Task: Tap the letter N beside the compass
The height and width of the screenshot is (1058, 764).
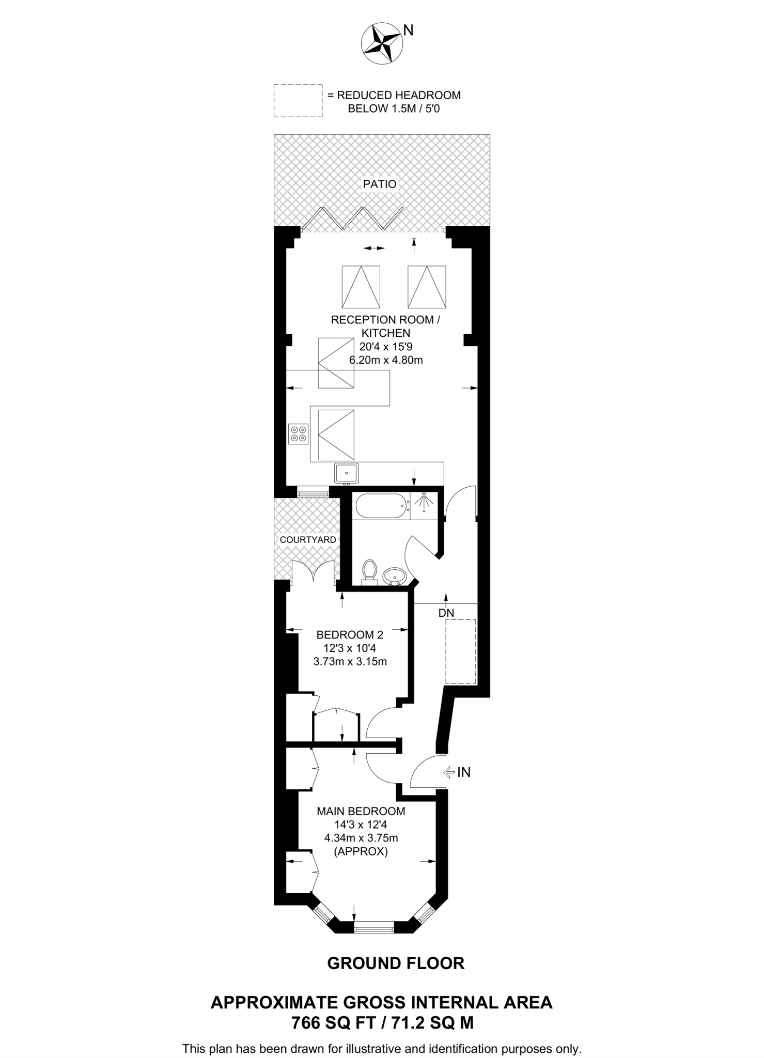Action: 409,30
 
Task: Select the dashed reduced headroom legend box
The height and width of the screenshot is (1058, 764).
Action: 298,101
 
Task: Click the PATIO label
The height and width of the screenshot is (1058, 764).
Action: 380,184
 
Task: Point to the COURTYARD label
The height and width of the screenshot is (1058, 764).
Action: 308,540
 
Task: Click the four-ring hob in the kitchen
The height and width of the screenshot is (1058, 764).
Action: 299,433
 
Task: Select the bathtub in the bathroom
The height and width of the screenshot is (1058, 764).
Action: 380,506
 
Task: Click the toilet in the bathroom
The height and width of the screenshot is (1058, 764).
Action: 369,572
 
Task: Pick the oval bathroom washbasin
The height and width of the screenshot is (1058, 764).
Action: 395,575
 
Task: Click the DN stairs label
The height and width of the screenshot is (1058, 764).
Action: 446,613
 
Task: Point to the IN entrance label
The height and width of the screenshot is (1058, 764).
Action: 464,772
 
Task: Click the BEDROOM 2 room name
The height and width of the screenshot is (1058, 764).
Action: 350,635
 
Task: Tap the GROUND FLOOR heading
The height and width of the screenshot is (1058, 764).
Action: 396,963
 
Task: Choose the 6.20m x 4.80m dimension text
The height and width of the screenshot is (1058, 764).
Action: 386,360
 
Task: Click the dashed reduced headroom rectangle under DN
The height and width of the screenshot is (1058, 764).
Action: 461,651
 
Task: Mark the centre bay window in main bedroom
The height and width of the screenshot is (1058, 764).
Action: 374,927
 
